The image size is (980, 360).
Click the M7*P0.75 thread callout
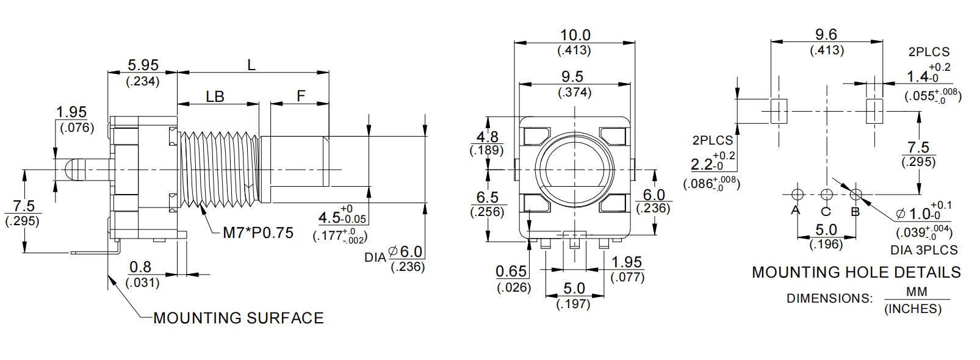(258, 232)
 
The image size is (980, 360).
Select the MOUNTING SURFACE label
(238, 318)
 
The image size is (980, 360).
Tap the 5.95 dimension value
(143, 65)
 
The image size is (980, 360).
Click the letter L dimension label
(251, 65)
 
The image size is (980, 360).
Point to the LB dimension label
(215, 96)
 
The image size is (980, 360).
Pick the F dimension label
(301, 96)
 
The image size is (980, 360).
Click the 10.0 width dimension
(575, 35)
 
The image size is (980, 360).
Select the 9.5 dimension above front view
(572, 77)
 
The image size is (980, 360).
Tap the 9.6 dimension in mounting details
(826, 35)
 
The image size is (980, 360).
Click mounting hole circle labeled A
(797, 194)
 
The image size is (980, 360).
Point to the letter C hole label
(826, 212)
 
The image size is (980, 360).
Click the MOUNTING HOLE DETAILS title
(856, 272)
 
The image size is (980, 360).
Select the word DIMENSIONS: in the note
(829, 298)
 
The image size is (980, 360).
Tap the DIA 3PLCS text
(924, 250)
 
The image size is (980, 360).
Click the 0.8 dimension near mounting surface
(140, 267)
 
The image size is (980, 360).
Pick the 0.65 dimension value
(511, 272)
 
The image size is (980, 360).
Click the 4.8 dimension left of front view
(487, 137)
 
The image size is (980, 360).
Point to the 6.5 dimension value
(487, 197)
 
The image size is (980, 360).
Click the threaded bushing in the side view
(219, 168)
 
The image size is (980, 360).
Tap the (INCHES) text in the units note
(913, 309)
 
